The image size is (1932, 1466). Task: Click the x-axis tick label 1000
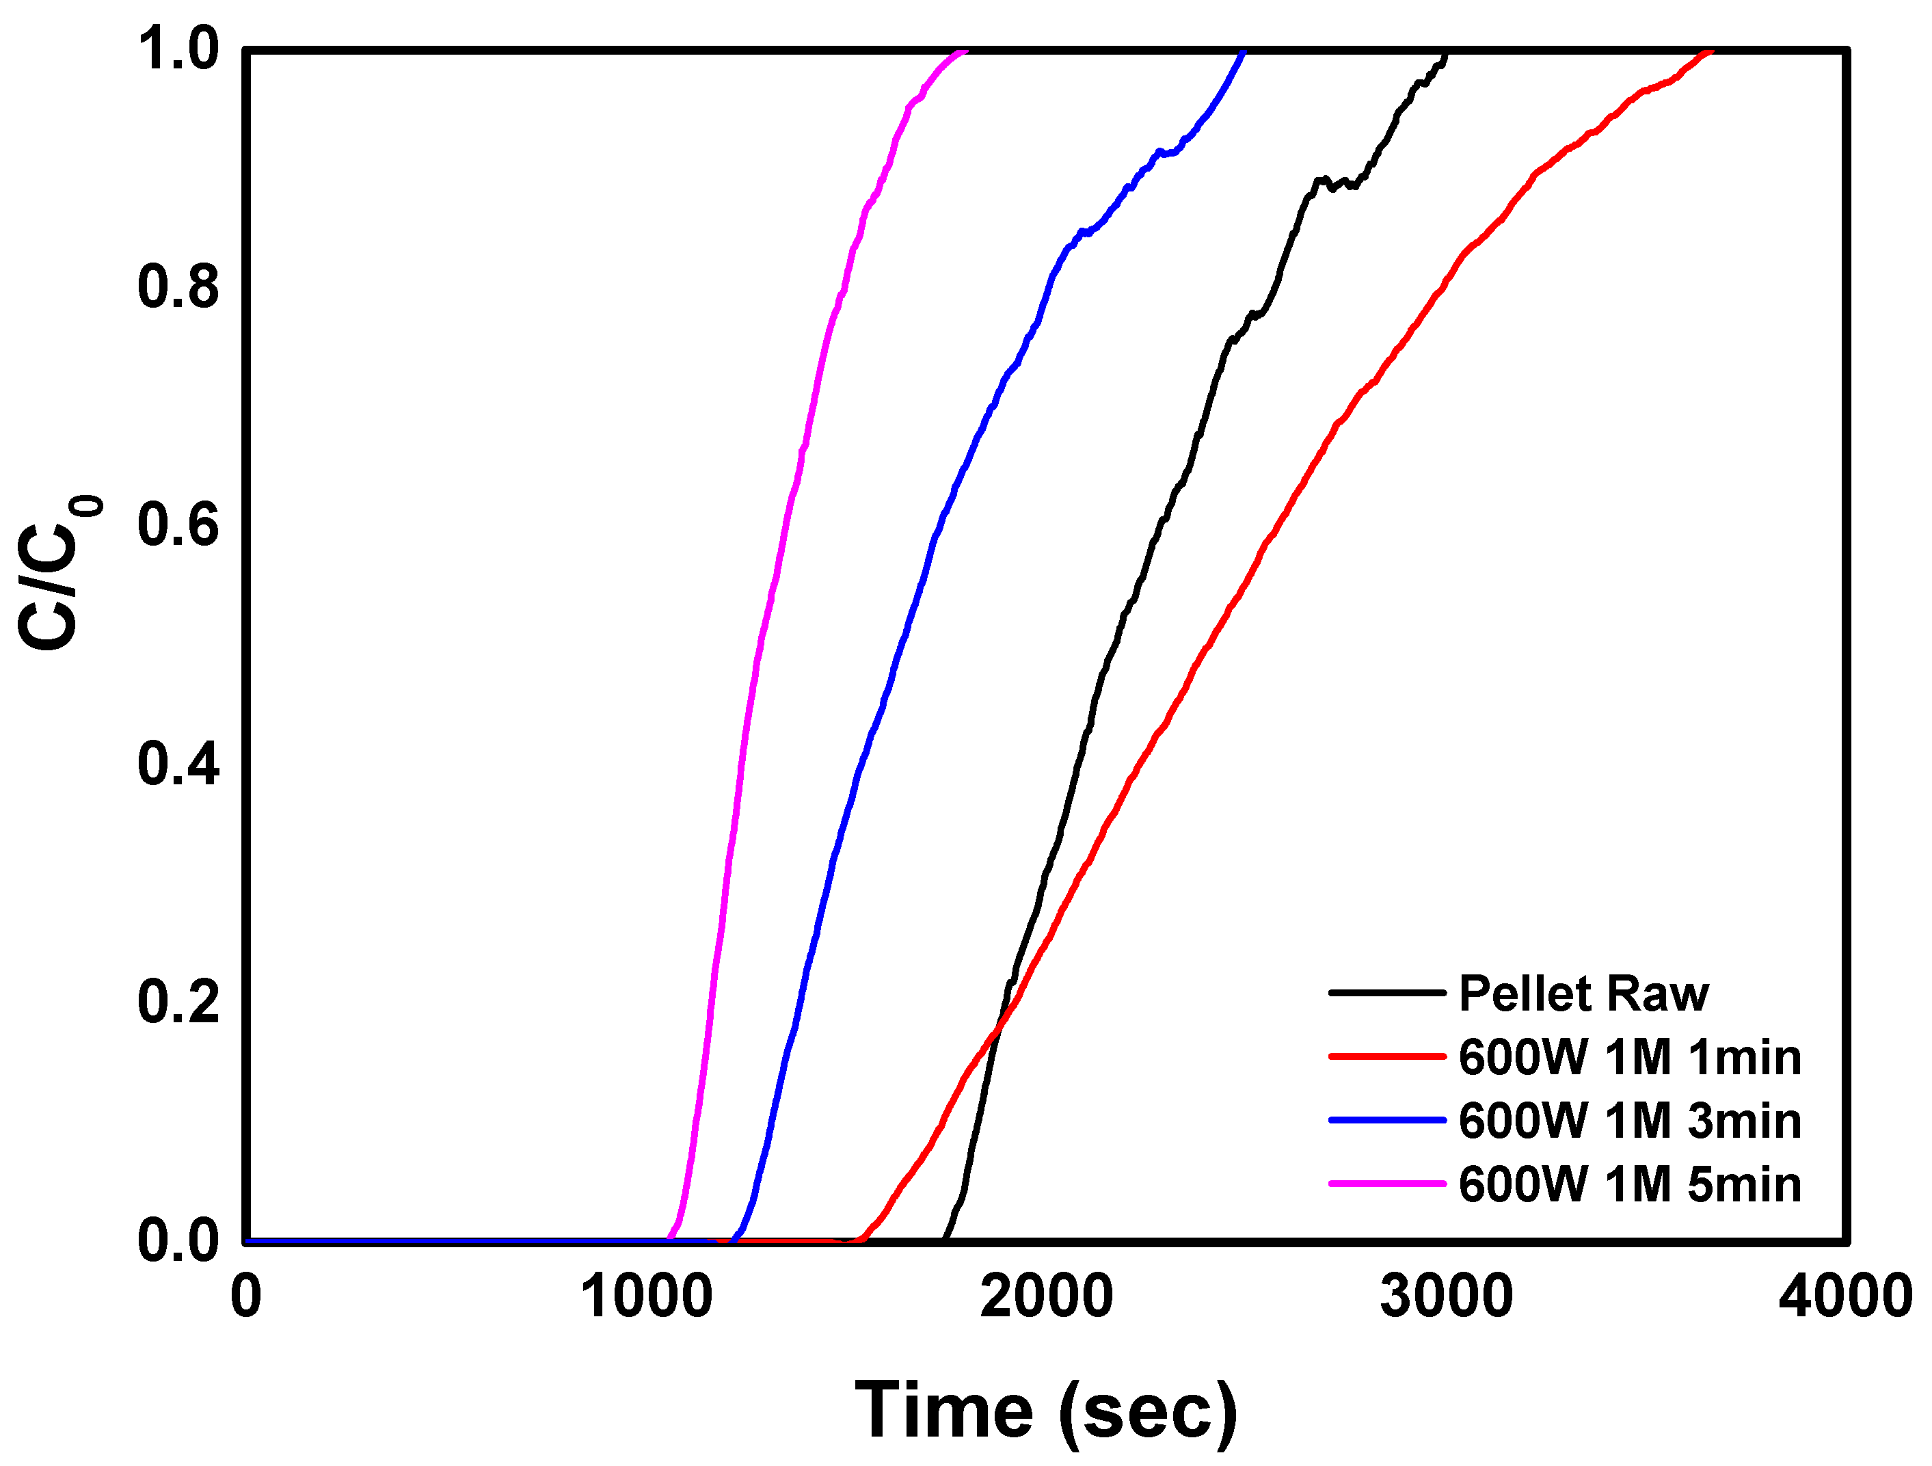(646, 1296)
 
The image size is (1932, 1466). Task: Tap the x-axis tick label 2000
(1047, 1296)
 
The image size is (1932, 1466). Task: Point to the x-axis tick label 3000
(1447, 1296)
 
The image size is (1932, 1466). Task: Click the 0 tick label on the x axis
(245, 1296)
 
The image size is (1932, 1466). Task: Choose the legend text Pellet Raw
(1583, 994)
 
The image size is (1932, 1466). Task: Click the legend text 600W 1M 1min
(1630, 1057)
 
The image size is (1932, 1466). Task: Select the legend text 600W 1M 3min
(1630, 1121)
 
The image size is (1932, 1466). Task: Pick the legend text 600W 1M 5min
(1630, 1185)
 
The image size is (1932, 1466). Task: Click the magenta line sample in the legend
(1387, 1184)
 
